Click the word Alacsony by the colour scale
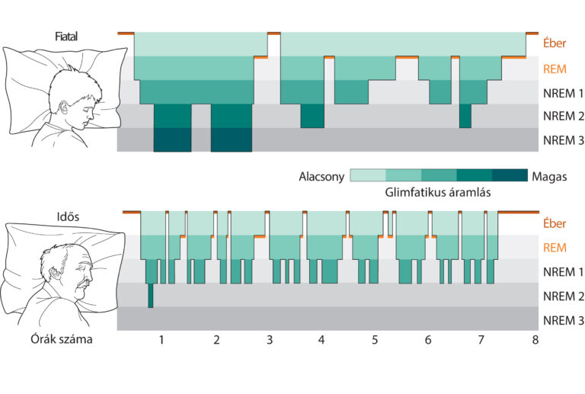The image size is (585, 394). point(321,176)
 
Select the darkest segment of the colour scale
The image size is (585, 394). point(510,176)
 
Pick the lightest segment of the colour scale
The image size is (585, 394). point(368,176)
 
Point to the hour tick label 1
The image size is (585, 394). point(161,340)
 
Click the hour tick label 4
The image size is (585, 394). point(321,340)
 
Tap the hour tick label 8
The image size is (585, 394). point(535,340)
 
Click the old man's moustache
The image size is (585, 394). point(82,287)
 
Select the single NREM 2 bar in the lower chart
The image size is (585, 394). point(151,296)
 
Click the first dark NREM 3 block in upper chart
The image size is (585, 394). point(173,140)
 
